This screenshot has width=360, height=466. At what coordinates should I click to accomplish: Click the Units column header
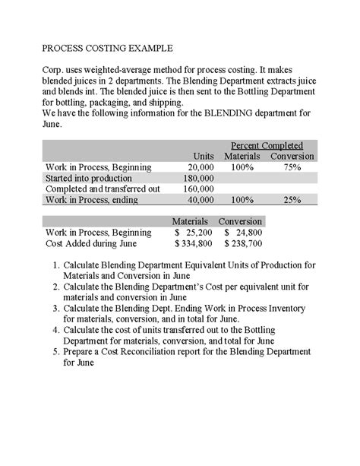click(204, 156)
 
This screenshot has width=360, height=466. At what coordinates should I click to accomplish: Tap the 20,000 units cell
click(201, 167)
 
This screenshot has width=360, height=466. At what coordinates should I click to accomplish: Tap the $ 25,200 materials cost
click(194, 233)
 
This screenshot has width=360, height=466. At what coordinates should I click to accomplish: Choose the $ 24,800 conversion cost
click(244, 233)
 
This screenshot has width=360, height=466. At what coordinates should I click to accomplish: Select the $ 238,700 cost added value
click(244, 244)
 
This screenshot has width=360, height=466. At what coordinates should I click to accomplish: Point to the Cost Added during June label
click(91, 244)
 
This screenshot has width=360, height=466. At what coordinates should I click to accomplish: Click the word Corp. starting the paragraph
click(53, 68)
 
